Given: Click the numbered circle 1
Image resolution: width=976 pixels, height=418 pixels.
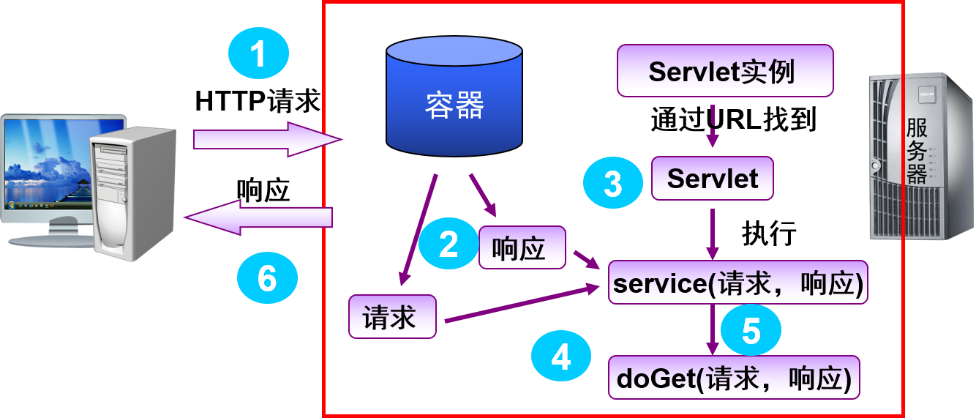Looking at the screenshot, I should click(x=258, y=54).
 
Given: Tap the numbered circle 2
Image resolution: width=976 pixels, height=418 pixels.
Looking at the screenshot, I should click(x=448, y=244).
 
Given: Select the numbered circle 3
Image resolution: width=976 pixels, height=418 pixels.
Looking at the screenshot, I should click(x=612, y=183).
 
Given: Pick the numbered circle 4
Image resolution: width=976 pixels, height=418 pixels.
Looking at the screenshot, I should click(x=560, y=358).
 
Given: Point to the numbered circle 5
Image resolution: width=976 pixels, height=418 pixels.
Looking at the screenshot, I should click(x=751, y=331).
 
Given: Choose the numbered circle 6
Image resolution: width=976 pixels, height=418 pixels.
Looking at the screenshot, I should click(x=267, y=278).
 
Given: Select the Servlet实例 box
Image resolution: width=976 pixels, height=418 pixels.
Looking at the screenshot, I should click(x=724, y=71).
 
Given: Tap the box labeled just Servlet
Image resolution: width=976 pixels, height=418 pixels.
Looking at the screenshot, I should click(x=712, y=179).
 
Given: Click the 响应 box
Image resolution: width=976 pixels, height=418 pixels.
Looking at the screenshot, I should click(x=522, y=248).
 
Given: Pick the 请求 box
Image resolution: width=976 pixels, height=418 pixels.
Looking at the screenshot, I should click(x=392, y=317).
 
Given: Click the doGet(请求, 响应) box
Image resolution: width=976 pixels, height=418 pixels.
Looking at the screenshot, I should click(x=734, y=378).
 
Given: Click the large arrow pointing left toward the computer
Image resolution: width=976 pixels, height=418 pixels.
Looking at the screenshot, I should click(x=260, y=217).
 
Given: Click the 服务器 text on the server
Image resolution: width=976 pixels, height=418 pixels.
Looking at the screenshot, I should click(x=917, y=152).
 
